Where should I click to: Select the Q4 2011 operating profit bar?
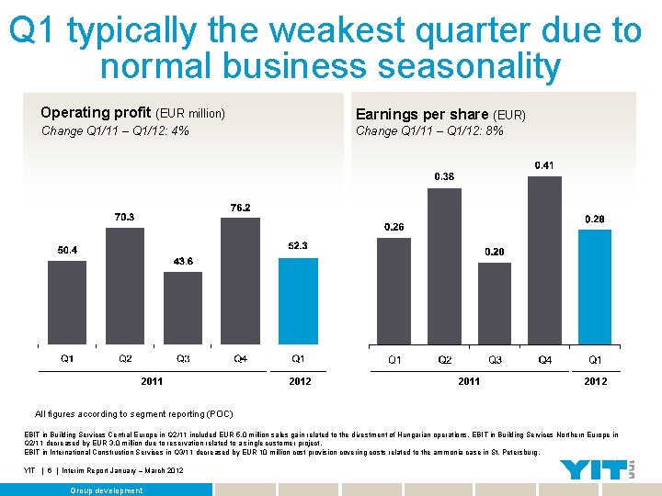pyautogui.click(x=241, y=281)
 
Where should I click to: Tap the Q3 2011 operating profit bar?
pyautogui.click(x=183, y=309)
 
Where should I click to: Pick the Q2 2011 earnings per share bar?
pyautogui.click(x=444, y=266)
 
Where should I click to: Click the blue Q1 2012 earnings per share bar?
pyautogui.click(x=595, y=287)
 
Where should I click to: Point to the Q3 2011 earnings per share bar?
pyautogui.click(x=495, y=304)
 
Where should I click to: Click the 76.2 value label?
pyautogui.click(x=240, y=209)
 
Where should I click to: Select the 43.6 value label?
pyautogui.click(x=183, y=262)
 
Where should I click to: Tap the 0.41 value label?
pyautogui.click(x=544, y=165)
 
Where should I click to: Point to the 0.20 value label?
pyautogui.click(x=494, y=252)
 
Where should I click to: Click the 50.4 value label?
pyautogui.click(x=68, y=250)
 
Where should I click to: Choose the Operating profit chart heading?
pyautogui.click(x=132, y=113)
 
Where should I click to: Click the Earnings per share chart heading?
pyautogui.click(x=439, y=114)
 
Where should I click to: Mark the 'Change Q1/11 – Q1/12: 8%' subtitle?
pyautogui.click(x=429, y=131)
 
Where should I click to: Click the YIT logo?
pyautogui.click(x=591, y=470)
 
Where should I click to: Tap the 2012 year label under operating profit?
pyautogui.click(x=300, y=381)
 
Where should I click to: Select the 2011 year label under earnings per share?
pyautogui.click(x=469, y=381)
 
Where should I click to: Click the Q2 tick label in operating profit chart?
pyautogui.click(x=125, y=359)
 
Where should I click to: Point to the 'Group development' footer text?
pyautogui.click(x=107, y=490)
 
